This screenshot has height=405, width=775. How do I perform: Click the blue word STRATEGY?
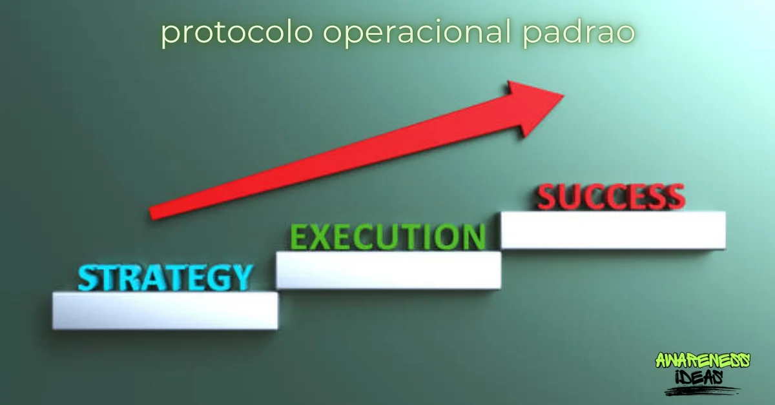pos(165,277)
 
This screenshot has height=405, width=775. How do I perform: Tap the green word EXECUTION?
pos(387,237)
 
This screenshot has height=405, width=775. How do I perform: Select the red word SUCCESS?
pos(611,197)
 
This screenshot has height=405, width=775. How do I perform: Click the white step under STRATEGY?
pos(165,311)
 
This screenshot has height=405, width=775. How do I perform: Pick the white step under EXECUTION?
pos(388,270)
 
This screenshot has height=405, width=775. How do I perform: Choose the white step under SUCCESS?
pos(613,230)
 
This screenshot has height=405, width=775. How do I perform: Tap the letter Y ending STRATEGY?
pos(240,277)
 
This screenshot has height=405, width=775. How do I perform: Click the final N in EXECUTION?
pos(473,237)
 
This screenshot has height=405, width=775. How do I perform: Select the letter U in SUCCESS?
pos(570,197)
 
